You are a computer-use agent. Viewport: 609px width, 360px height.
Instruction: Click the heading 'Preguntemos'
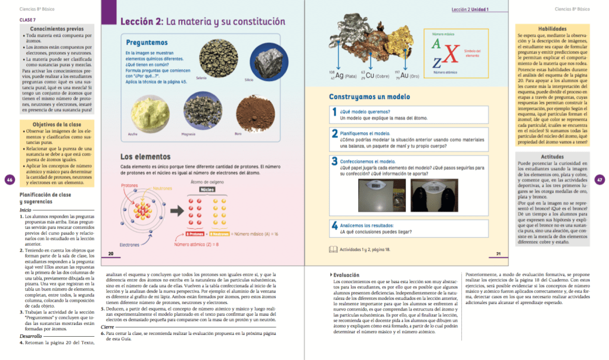click(x=147, y=43)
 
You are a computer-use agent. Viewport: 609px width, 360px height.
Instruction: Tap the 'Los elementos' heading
click(x=146, y=157)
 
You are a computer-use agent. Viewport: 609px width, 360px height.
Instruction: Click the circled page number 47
click(x=599, y=179)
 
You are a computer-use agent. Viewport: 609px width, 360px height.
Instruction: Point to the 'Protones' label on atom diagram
click(x=129, y=185)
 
